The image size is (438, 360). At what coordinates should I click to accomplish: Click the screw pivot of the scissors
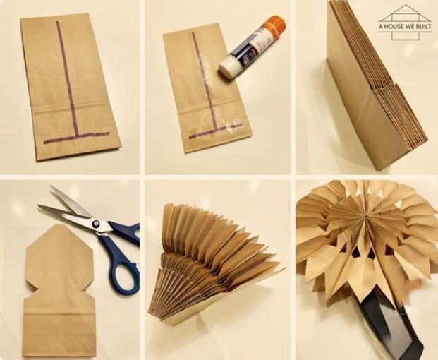pos(96,224)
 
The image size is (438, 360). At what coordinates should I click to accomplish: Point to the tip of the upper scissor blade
pos(50,186)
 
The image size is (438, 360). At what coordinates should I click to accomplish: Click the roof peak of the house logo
pos(405,6)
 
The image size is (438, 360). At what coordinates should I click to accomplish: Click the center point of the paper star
pos(365,216)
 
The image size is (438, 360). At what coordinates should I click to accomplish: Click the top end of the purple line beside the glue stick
pos(193,34)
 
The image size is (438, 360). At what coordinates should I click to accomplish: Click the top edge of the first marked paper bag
pos(53,16)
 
